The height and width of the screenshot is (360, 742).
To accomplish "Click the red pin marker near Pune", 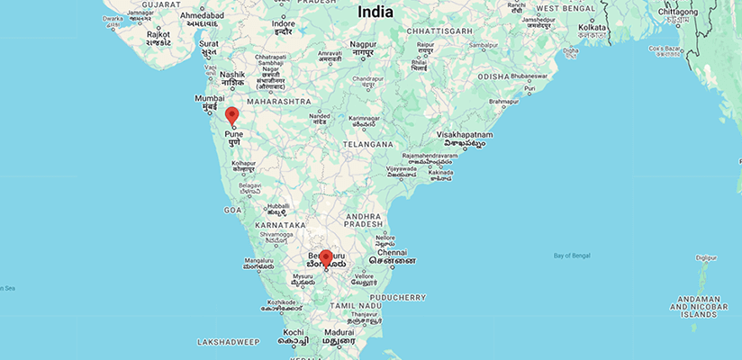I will pos(231,115).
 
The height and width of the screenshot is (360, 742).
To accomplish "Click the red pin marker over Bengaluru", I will pos(326,258).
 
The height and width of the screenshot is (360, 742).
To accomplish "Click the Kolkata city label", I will pos(593,28).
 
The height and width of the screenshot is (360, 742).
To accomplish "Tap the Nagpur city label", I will pos(363,43).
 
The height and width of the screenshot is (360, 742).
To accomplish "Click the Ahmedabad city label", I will pos(203,15).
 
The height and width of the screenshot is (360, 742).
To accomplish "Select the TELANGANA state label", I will pos(367,144).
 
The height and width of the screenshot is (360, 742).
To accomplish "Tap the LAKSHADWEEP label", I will pos(229,342).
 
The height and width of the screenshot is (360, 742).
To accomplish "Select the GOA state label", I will pos(232,209).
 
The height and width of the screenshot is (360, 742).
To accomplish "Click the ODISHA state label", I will pos(493,76).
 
